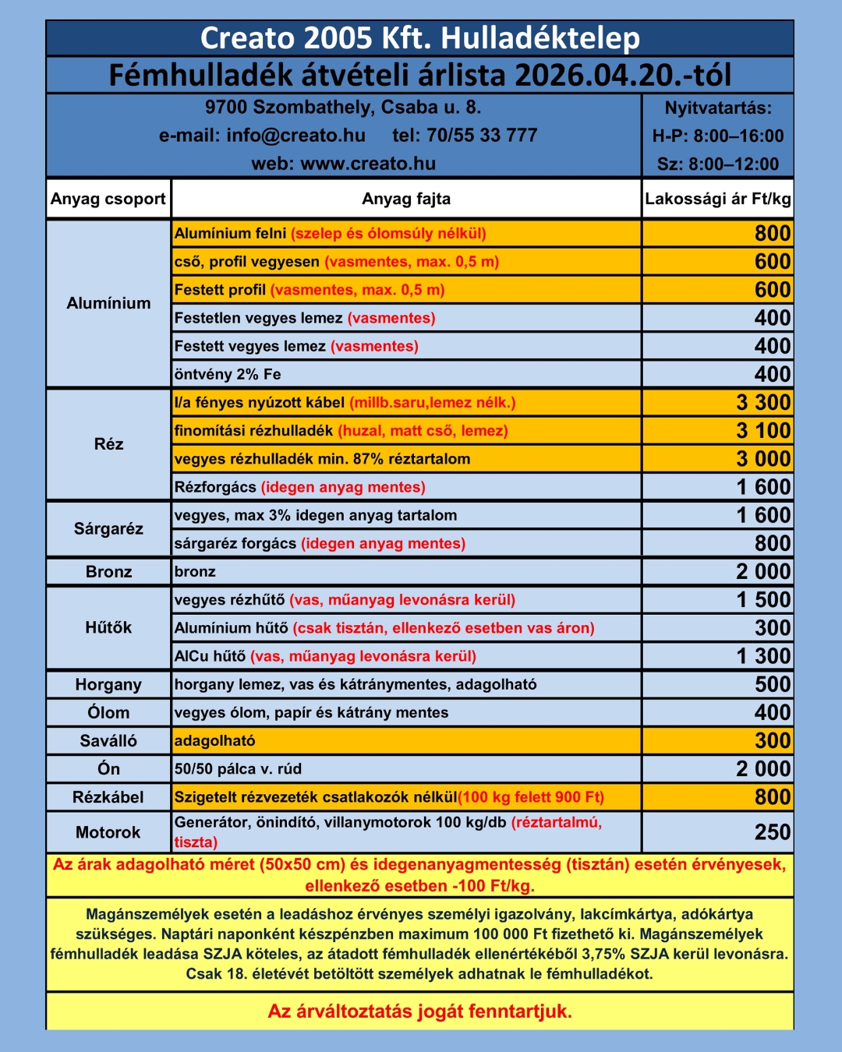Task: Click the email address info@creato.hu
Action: (x=295, y=136)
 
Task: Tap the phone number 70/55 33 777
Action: (x=482, y=136)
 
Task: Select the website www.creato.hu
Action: (x=368, y=164)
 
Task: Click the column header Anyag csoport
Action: (x=108, y=199)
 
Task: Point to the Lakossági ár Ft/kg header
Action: (x=717, y=199)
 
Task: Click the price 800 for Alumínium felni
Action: (x=772, y=233)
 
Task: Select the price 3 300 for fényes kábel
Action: (x=763, y=402)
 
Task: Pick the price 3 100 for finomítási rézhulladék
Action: (x=763, y=430)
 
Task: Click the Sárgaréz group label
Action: (x=108, y=529)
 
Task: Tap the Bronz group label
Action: (x=108, y=572)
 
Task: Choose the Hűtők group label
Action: (x=108, y=627)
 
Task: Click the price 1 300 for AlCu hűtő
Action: (x=763, y=656)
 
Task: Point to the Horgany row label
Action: (x=108, y=684)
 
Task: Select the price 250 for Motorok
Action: (x=772, y=832)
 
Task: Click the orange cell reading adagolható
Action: (x=215, y=740)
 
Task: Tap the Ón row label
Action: (x=108, y=769)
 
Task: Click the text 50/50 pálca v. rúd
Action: (x=238, y=769)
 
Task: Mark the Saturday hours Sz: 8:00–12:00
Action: (x=717, y=164)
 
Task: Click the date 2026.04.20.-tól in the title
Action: (x=623, y=76)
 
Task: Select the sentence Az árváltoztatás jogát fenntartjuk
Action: (x=420, y=1011)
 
